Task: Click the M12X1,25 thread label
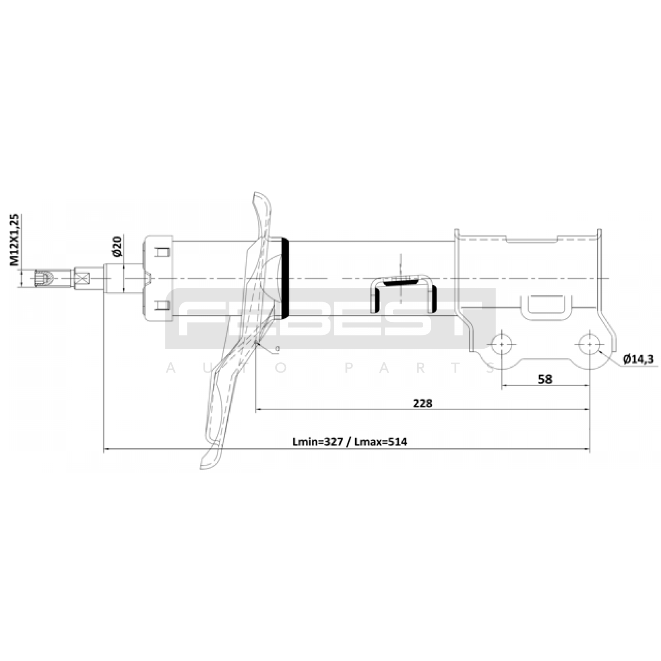(x=14, y=239)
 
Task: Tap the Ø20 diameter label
(x=117, y=246)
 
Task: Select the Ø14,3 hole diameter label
(x=638, y=359)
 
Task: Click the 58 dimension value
(x=545, y=379)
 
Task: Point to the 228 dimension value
(x=422, y=403)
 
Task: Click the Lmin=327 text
(x=318, y=442)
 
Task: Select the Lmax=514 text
(x=380, y=442)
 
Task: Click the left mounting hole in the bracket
(x=502, y=344)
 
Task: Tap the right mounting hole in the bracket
(x=590, y=344)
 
